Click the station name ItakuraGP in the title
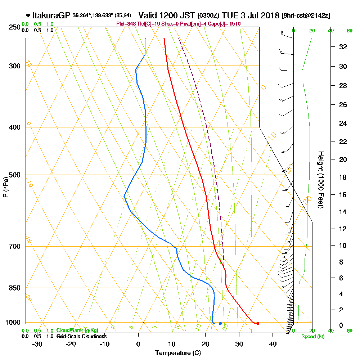(51, 15)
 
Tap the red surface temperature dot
(258, 323)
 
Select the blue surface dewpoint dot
(220, 323)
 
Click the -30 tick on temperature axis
(37, 344)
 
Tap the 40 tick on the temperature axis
(273, 344)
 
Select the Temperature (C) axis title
(178, 353)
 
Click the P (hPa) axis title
(5, 187)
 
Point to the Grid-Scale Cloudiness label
(81, 336)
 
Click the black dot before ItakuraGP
(28, 15)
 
